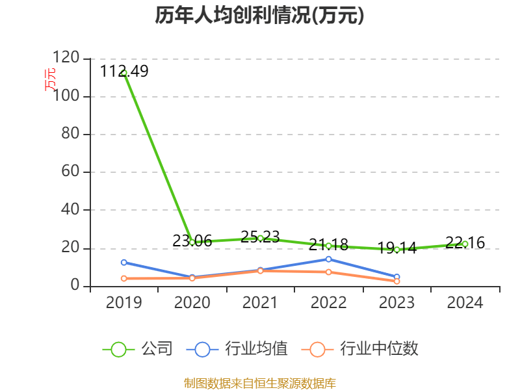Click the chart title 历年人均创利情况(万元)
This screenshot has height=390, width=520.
coord(259,16)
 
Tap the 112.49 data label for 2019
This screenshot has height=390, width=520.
coord(124,71)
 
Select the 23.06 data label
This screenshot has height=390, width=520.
coord(192,240)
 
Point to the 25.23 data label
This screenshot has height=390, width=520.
coord(261,237)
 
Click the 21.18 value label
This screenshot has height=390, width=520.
coord(329,245)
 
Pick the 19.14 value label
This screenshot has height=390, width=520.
coord(397,248)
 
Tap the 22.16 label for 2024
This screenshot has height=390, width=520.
coord(465,243)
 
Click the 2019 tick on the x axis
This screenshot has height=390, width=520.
coord(124,303)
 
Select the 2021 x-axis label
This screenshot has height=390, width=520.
coord(261,303)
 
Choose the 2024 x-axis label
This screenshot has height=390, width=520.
coord(465,303)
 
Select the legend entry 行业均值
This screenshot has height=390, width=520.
coord(255,349)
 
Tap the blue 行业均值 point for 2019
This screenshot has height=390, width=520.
coord(124,263)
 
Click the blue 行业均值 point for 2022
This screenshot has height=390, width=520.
coord(329,259)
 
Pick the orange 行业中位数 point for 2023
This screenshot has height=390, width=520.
coord(397,281)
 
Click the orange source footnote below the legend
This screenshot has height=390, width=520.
coord(259,383)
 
